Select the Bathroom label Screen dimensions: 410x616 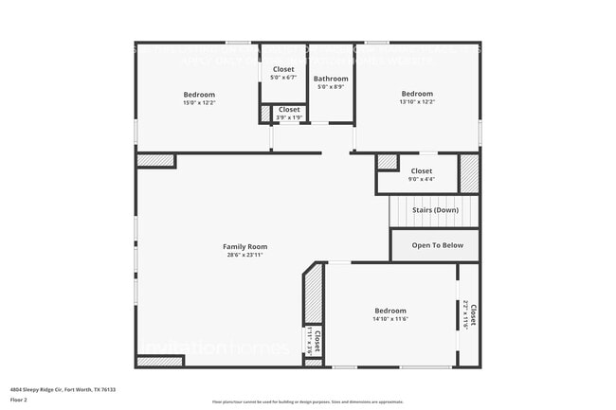pyautogui.click(x=331, y=79)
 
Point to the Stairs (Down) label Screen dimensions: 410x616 pyautogui.click(x=435, y=209)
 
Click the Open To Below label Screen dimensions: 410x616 pyautogui.click(x=437, y=245)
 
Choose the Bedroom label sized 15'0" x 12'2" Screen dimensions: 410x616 pyautogui.click(x=199, y=94)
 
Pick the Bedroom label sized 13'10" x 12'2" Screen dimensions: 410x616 pyautogui.click(x=417, y=93)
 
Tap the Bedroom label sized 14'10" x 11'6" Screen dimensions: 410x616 pyautogui.click(x=390, y=311)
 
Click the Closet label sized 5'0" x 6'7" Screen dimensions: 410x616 pyautogui.click(x=283, y=69)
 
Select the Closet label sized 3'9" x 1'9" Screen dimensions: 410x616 pyautogui.click(x=289, y=110)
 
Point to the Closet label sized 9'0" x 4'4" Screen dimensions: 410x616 pyautogui.click(x=422, y=170)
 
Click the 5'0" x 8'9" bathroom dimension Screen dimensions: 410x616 pyautogui.click(x=331, y=87)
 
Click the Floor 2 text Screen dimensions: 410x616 pyautogui.click(x=20, y=399)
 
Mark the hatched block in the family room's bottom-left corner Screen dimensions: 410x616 pyautogui.click(x=159, y=361)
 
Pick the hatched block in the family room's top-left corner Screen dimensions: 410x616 pyautogui.click(x=155, y=161)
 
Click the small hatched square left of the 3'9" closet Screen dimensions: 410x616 pyautogui.click(x=264, y=114)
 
